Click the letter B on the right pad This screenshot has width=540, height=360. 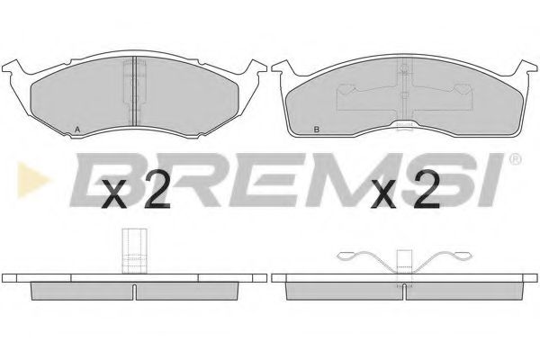click(x=316, y=131)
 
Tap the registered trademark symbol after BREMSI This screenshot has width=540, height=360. click(x=515, y=160)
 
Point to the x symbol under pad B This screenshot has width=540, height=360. click(x=384, y=196)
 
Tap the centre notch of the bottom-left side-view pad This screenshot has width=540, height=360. click(x=134, y=291)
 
